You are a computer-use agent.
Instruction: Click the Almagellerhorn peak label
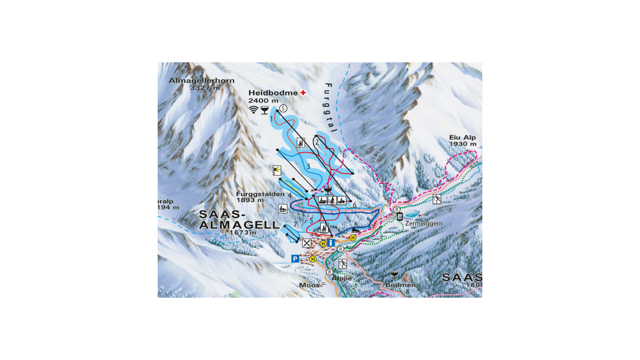pos(201,81)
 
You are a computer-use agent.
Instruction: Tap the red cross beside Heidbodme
pos(303,93)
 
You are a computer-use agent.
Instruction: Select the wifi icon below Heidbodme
pos(254,110)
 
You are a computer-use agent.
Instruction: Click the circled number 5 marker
pos(283,108)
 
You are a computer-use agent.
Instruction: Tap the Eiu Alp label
pos(462,137)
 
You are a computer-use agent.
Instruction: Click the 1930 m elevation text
pos(462,144)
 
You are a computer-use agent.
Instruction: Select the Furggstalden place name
pos(260,194)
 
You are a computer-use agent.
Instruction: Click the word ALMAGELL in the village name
pos(239,225)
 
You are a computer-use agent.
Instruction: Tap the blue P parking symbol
pos(295,259)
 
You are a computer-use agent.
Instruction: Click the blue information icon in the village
pos(331,243)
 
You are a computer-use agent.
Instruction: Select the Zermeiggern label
pos(424,223)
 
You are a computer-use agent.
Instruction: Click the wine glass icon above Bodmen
pos(394,275)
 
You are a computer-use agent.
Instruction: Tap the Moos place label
pos(309,285)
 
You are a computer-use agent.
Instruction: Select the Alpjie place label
pos(342,278)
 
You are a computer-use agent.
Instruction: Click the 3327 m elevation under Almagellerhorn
pos(205,88)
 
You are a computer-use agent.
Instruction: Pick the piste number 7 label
pos(295,224)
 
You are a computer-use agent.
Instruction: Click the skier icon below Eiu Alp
pos(437,199)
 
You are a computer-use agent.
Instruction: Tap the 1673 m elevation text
pos(243,232)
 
